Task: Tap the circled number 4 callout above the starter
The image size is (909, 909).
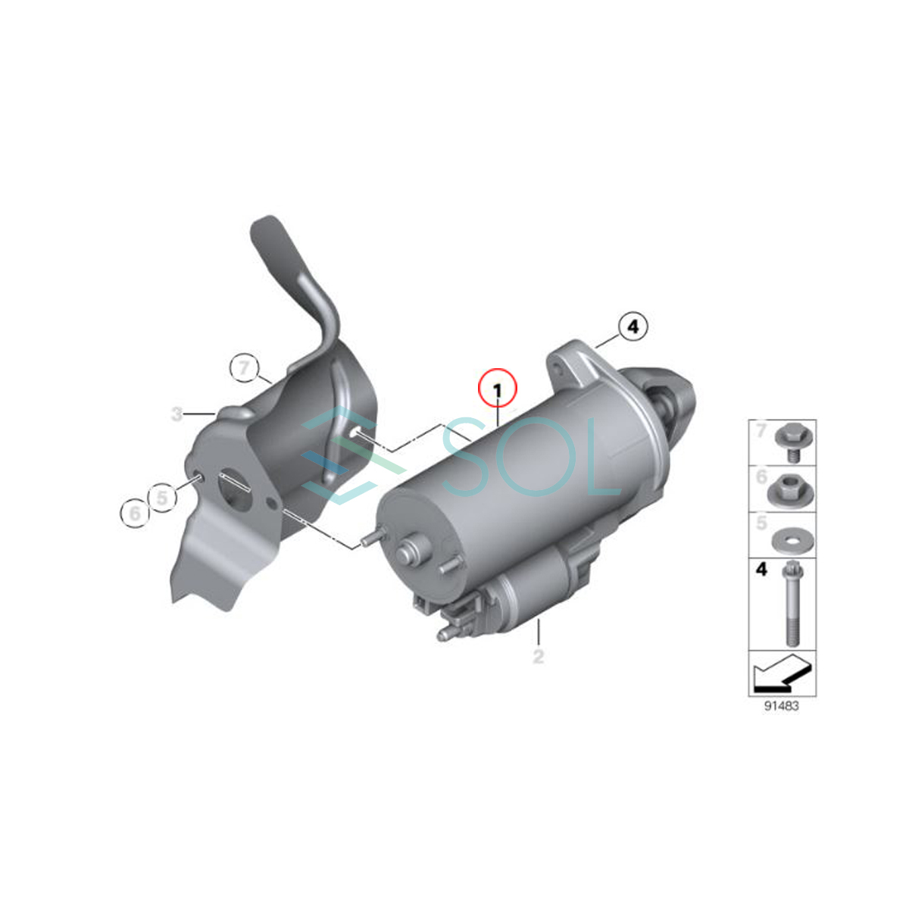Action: pos(633,326)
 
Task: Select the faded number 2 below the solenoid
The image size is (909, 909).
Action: pos(539,656)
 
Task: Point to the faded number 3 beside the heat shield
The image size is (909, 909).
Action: pos(176,414)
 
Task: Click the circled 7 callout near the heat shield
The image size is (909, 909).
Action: pos(244,367)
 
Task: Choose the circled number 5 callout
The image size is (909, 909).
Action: pos(162,497)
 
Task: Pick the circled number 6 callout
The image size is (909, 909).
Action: pos(134,513)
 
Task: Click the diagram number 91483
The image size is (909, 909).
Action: pos(782,720)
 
